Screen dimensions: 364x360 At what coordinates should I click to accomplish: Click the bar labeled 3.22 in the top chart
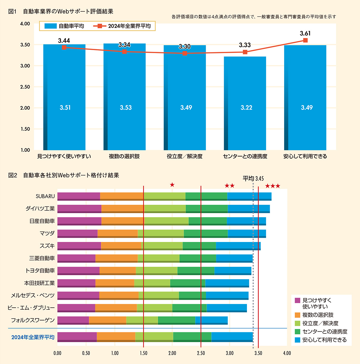245,103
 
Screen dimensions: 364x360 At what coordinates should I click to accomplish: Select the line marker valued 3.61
305,40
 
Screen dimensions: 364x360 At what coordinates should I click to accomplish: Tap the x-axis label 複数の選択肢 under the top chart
124,156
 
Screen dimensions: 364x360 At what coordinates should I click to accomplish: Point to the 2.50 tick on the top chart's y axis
25,87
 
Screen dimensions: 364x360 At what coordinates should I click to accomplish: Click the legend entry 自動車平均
64,26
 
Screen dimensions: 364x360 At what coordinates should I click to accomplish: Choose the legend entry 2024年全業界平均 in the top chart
123,26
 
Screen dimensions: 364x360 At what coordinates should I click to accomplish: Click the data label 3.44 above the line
64,40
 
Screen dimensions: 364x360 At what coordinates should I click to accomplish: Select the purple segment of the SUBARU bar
79,196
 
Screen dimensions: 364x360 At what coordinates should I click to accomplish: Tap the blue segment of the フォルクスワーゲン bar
211,320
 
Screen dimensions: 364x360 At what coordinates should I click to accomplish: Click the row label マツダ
47,233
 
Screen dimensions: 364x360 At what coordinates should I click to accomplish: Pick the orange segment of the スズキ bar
121,246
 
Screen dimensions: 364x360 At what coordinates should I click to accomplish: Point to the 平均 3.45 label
253,179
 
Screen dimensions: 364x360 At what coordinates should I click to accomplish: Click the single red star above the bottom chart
172,185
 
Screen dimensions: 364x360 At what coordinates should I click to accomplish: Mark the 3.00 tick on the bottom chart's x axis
229,353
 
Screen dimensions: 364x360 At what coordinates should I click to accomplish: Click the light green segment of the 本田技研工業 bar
152,283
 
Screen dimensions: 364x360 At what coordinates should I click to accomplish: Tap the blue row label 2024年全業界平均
33,337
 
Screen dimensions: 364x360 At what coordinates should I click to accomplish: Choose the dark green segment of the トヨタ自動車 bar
196,270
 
